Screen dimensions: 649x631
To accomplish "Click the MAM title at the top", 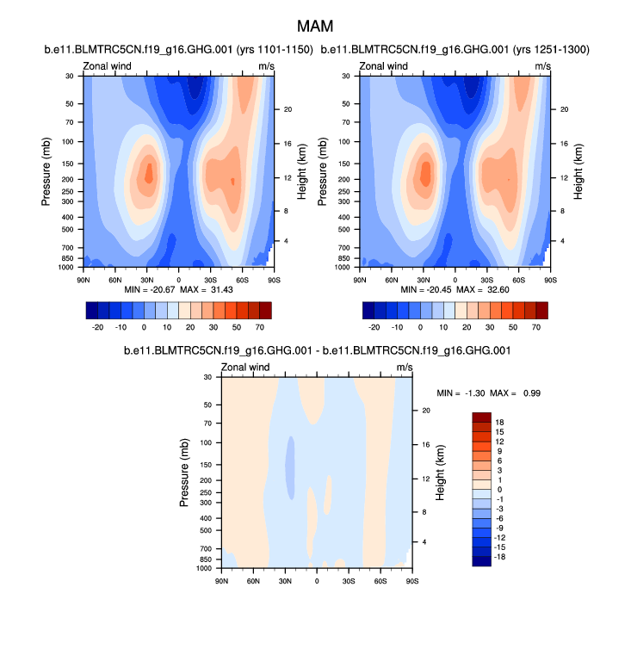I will pos(315,28).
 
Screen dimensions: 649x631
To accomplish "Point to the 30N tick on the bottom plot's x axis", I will pos(285,582).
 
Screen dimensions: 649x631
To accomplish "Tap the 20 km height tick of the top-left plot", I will pos(288,109).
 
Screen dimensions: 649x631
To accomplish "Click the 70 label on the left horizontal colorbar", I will pos(259,328).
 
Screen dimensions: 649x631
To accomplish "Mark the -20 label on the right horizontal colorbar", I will pos(374,328).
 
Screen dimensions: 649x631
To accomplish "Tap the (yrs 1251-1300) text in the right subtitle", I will pos(550,50).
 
